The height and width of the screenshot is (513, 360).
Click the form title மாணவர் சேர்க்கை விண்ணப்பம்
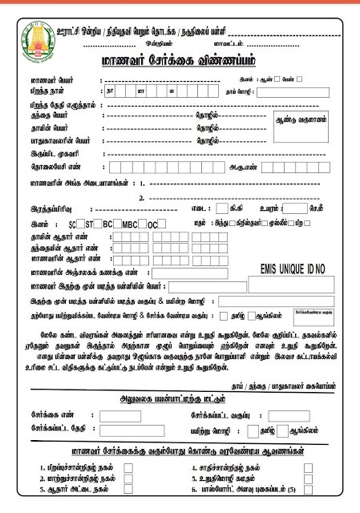tap(180, 62)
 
